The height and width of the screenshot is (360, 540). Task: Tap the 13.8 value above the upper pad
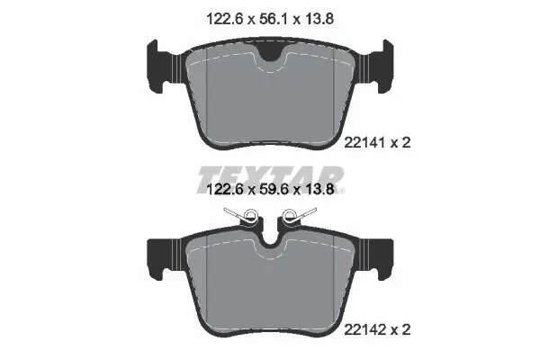tap(319, 19)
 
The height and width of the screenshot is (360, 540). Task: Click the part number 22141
tap(364, 142)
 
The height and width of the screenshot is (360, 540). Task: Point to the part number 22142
tap(364, 330)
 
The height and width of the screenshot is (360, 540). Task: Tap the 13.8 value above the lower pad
tap(319, 189)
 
